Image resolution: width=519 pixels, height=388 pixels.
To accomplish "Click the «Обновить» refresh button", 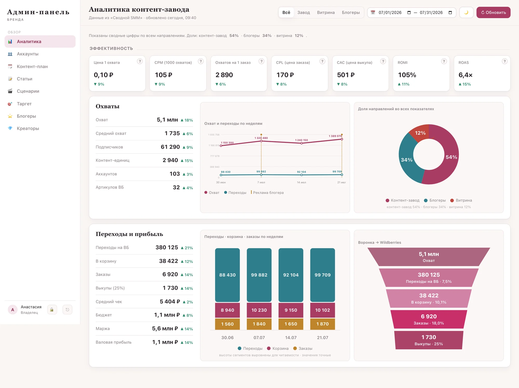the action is pos(493,12).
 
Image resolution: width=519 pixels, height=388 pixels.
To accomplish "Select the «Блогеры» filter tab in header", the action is pos(351,12).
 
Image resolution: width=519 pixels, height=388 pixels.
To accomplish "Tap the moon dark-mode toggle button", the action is pos(466,12).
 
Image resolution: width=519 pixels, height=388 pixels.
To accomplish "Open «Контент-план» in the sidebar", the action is pos(32,66).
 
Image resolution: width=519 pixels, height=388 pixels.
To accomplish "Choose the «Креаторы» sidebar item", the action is pos(28,128).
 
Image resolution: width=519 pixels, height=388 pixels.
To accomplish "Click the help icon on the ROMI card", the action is pos(444,61).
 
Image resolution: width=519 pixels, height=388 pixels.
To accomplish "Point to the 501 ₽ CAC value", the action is pos(346,75).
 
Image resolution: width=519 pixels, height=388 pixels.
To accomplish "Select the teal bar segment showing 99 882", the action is pos(259,275).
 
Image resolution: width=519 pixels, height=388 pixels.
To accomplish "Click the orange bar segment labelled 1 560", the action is pos(227,324).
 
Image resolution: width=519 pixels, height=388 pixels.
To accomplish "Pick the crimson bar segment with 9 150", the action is pos(291,310).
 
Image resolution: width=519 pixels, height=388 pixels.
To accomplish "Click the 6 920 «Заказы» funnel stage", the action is pos(429,319).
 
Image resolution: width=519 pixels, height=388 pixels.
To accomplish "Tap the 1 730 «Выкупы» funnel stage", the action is pos(429,340).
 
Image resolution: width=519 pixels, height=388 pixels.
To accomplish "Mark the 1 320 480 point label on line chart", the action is pos(261,138).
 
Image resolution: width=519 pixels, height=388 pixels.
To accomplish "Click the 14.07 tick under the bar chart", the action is pos(291,337).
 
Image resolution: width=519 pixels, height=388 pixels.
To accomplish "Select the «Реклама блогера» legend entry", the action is pos(267,192).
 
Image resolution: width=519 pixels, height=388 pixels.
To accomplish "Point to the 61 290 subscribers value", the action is pos(170,147).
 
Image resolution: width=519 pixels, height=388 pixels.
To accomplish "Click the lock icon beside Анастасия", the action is pos(52,310).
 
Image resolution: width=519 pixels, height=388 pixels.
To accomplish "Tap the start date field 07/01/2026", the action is pos(390,12).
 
